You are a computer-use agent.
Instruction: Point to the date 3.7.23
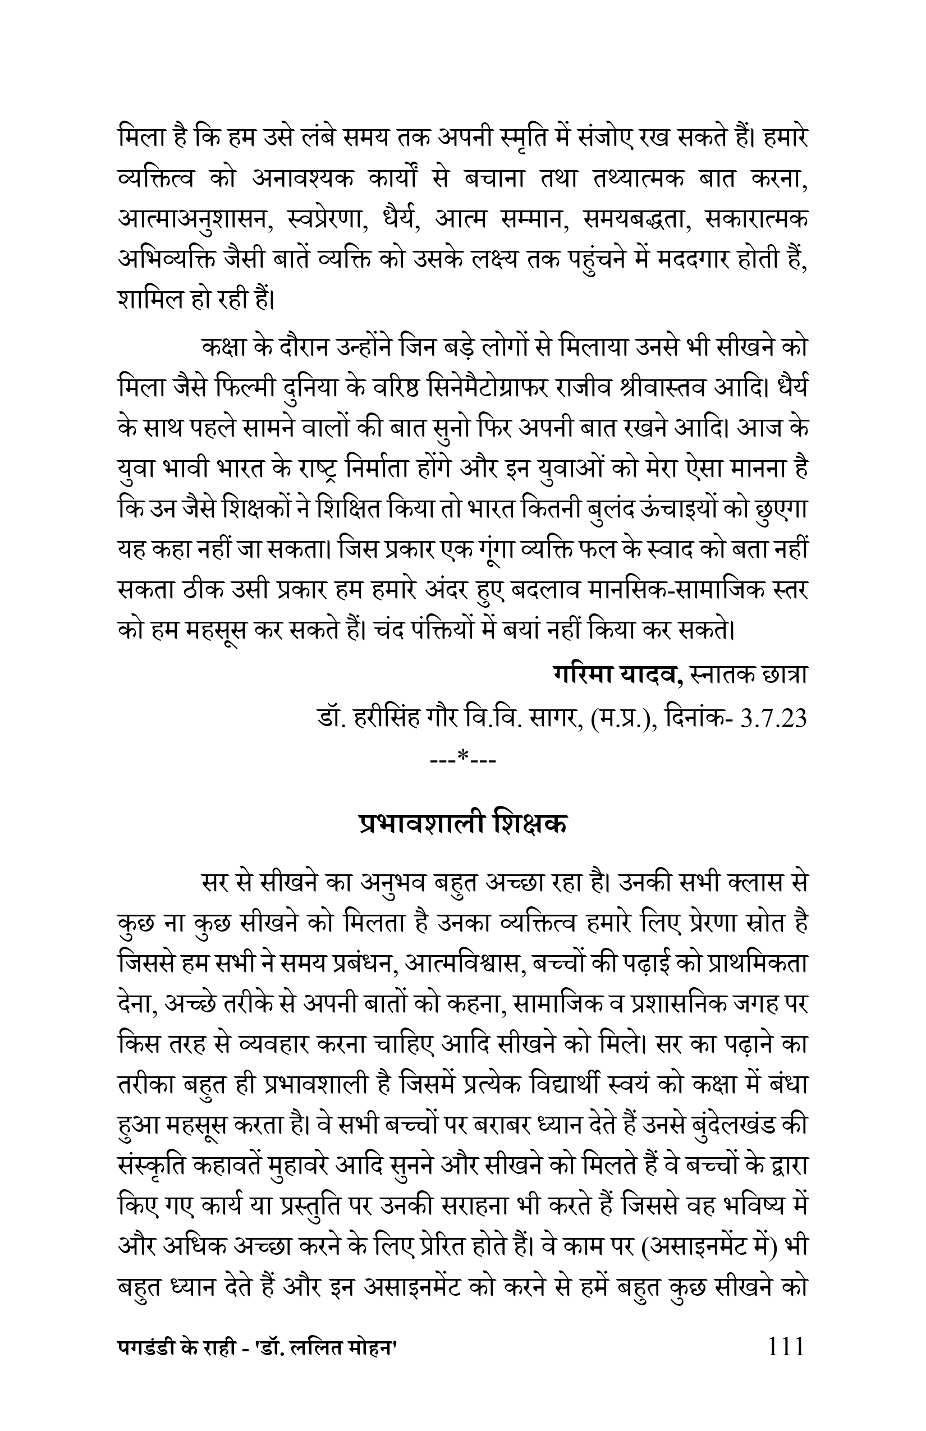click(x=774, y=718)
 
